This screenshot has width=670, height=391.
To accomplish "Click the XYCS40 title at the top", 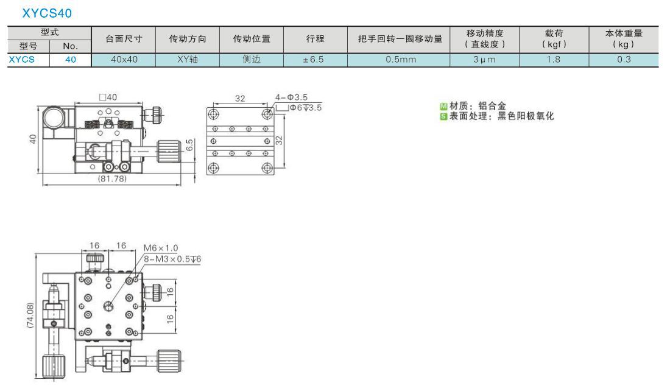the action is click(x=47, y=13).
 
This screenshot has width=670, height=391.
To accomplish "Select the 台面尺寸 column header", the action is click(x=124, y=39).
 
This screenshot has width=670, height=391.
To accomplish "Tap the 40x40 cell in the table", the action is click(x=124, y=60).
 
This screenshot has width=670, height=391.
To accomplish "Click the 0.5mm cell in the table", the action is click(x=400, y=60).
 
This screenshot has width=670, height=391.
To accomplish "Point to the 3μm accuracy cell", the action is click(x=484, y=60).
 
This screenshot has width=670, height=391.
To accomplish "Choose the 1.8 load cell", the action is click(x=553, y=60).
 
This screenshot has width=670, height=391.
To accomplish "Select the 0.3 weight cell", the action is click(x=624, y=60).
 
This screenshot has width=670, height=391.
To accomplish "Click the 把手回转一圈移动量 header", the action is click(x=400, y=39).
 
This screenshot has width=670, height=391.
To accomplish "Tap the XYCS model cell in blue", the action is click(x=22, y=60).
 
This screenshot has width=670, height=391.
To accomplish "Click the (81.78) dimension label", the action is click(x=112, y=178).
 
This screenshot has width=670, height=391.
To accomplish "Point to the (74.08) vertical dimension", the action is click(x=30, y=315).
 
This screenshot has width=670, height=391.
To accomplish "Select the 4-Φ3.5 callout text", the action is click(x=291, y=97).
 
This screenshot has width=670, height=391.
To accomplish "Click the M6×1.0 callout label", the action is click(x=161, y=248).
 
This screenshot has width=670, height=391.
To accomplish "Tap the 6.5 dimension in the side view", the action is click(x=189, y=145).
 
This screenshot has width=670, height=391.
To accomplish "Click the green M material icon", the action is click(x=443, y=107).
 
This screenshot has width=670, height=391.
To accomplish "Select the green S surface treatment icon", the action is click(x=443, y=116).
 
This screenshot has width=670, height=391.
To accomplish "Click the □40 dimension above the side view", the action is click(x=108, y=97).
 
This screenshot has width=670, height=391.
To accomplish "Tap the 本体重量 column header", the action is click(x=624, y=33).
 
